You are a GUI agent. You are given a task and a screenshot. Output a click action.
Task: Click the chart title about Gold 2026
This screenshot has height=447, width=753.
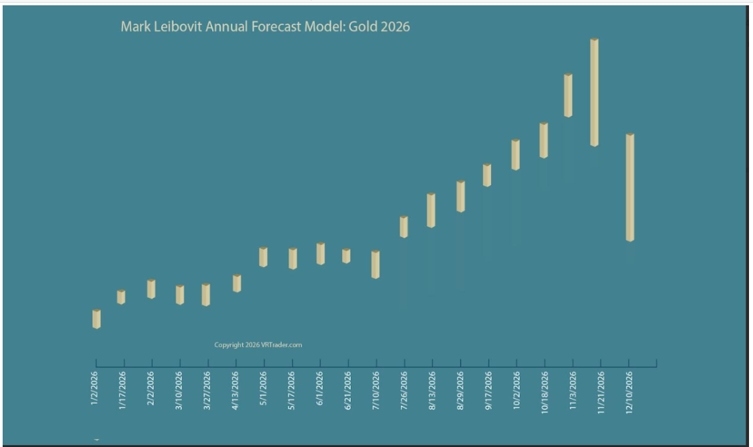tap(265, 27)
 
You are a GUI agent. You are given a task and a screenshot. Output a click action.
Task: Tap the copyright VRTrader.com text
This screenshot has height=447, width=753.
tap(258, 344)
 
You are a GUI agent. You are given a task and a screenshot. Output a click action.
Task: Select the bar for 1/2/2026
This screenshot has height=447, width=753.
tap(97, 319)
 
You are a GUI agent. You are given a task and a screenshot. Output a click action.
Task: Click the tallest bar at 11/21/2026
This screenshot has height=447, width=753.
tap(595, 92)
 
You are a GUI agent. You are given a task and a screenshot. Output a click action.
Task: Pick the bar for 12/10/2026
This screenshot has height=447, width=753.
tap(630, 187)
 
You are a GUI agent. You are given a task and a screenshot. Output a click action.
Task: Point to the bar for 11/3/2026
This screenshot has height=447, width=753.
tap(568, 95)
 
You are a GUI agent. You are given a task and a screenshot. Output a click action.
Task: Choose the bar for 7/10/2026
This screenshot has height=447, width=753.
tap(376, 264)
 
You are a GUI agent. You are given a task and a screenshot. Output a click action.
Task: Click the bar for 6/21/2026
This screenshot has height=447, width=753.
tap(346, 256)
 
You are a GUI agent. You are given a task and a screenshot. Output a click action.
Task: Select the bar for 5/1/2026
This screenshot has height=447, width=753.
tap(263, 257)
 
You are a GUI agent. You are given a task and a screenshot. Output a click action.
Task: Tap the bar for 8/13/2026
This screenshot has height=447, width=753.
tap(431, 211)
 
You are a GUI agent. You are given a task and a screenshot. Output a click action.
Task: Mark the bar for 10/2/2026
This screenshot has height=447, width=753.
tap(515, 155)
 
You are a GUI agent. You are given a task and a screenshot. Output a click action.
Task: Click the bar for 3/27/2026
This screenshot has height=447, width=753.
tap(205, 295)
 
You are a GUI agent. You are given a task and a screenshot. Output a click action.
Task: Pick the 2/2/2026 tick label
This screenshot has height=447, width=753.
tap(150, 389)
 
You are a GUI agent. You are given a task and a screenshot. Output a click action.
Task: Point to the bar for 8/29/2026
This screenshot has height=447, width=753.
tap(461, 196)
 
